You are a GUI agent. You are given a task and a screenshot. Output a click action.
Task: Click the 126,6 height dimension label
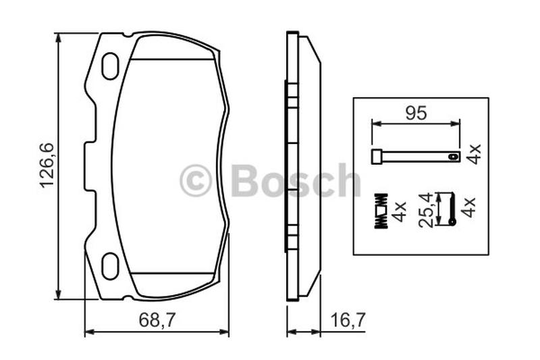(47, 165)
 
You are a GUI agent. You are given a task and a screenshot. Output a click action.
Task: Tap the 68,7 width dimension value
(157, 320)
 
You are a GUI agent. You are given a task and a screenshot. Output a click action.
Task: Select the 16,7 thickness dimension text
(348, 320)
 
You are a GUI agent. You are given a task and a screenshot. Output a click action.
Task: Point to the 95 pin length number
(416, 113)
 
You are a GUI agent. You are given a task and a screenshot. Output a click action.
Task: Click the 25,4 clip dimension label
(426, 210)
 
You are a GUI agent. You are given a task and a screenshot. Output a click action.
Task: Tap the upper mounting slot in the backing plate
(110, 66)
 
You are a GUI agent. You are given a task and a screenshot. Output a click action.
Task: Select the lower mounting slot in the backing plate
(111, 266)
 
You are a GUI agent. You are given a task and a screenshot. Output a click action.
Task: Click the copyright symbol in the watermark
(195, 180)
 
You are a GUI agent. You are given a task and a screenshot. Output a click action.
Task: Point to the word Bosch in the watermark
(296, 180)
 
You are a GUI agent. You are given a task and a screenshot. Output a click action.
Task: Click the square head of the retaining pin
(377, 157)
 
